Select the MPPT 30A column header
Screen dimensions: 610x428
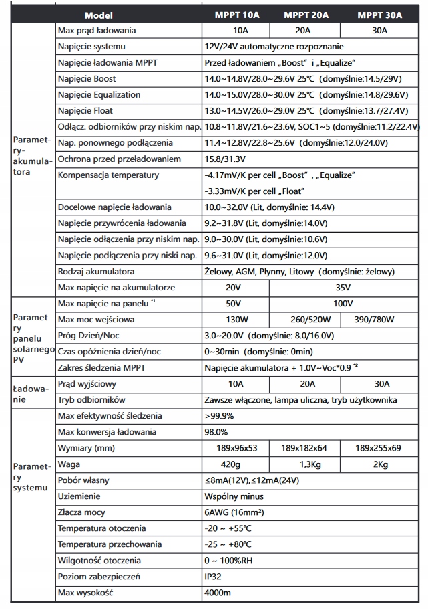coord(379,15)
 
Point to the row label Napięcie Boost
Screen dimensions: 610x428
coord(87,79)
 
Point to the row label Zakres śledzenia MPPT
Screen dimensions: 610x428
coord(101,368)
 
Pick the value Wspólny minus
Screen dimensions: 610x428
coord(234,496)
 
